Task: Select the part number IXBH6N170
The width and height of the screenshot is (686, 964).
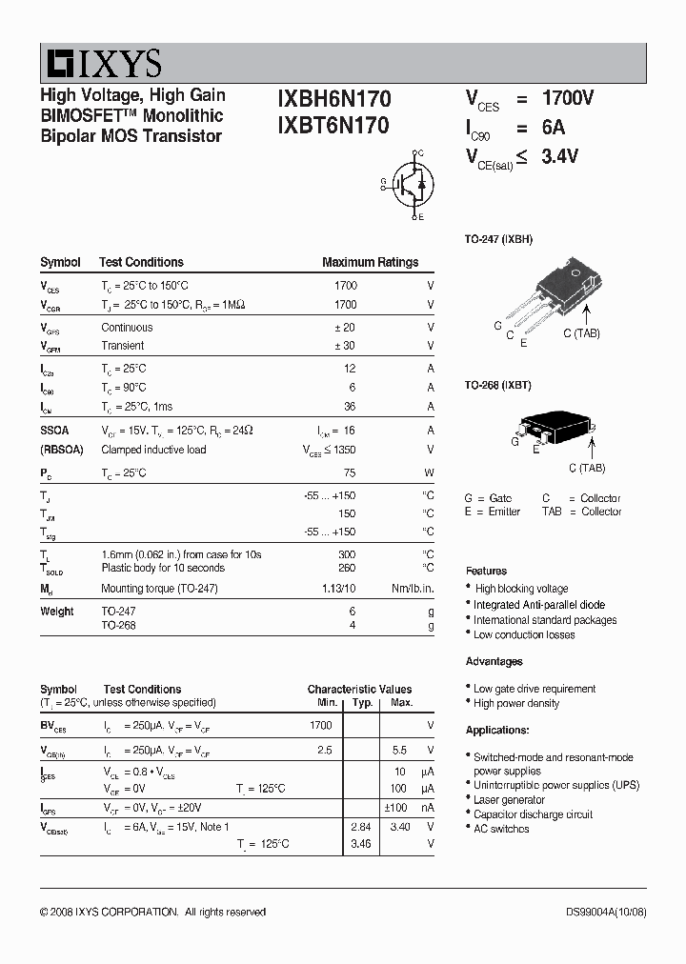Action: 333,98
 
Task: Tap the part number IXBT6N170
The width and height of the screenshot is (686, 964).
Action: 333,125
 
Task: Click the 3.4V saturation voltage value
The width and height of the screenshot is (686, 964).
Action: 559,158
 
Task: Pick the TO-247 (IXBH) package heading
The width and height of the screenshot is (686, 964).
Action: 498,239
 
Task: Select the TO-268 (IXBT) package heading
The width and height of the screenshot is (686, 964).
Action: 497,385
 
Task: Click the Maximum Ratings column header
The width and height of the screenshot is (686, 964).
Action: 370,262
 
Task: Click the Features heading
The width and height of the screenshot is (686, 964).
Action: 486,570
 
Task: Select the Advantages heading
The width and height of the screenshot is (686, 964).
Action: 494,661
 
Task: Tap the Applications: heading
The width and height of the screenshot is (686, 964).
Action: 496,730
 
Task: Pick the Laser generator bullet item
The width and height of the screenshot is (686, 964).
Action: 510,800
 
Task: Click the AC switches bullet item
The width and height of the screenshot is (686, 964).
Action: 501,829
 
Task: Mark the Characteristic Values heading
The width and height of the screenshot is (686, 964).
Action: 359,689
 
